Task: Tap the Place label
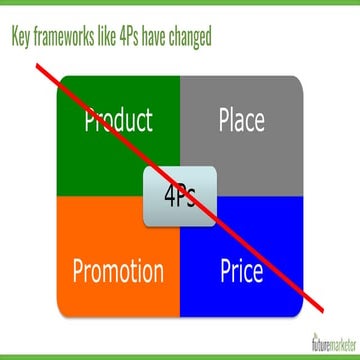241,122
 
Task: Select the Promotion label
118,271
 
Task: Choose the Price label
241,271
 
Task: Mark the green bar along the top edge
180,3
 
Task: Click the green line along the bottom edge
180,357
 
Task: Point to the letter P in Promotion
80,271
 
